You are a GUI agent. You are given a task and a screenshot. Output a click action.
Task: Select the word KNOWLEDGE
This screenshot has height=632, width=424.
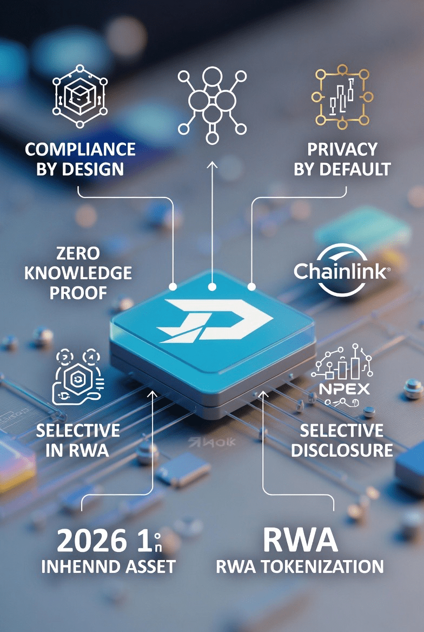tap(78, 273)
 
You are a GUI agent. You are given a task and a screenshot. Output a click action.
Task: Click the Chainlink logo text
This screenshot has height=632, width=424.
tap(340, 270)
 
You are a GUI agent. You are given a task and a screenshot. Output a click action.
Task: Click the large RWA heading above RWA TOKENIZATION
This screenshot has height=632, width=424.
tap(300, 540)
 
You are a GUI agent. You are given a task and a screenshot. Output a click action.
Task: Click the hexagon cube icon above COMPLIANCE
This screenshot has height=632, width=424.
tap(80, 96)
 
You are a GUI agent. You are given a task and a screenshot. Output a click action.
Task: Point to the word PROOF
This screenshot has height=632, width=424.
tap(78, 293)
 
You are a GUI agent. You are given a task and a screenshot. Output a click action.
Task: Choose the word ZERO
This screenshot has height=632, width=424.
tap(78, 253)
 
